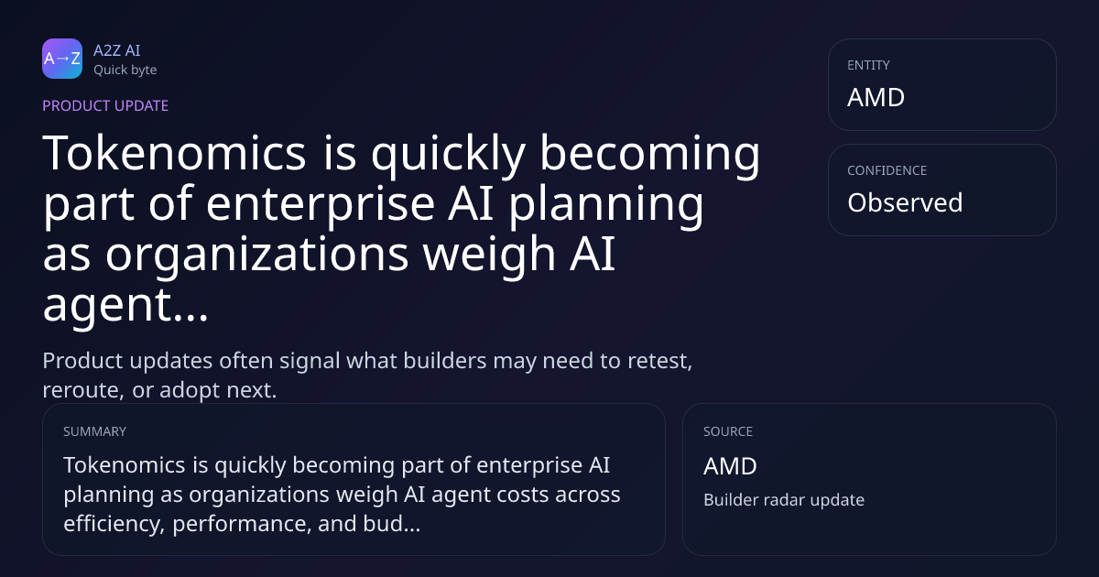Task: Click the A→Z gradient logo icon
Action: [62, 59]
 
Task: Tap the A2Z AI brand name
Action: [117, 50]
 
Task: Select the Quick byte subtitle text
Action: [125, 71]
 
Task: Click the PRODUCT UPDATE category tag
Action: [105, 105]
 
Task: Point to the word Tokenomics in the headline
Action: [175, 153]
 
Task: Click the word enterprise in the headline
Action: [321, 205]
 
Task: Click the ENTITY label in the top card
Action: [868, 65]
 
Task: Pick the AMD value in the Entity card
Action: [876, 97]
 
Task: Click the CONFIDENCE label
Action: [887, 170]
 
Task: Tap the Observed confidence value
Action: [905, 202]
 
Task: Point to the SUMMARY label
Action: [94, 431]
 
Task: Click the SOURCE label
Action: [728, 431]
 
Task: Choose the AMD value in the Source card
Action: [730, 466]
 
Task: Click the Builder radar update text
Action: [784, 500]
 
